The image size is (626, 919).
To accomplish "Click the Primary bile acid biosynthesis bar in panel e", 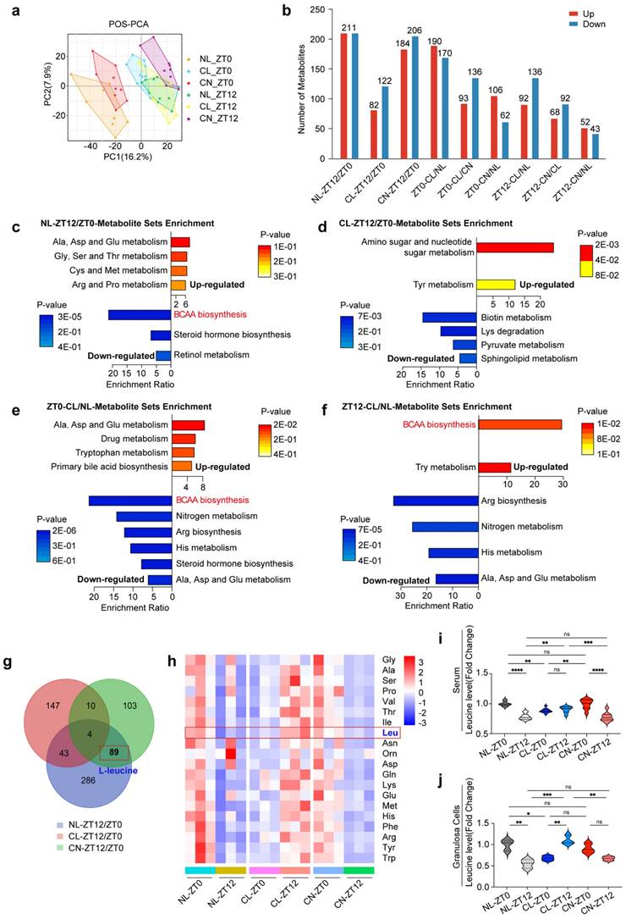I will (x=182, y=466).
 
